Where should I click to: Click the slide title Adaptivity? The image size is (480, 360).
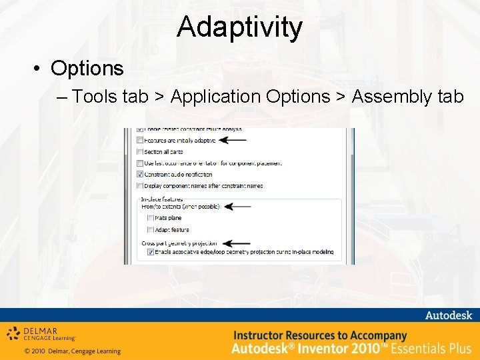click(240, 27)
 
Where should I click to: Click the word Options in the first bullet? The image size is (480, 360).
click(87, 68)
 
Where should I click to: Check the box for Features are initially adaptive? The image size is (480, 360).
click(140, 140)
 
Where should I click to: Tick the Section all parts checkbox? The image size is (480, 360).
click(140, 151)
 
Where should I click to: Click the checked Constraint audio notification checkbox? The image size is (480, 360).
click(140, 174)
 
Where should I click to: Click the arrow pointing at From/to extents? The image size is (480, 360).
click(237, 207)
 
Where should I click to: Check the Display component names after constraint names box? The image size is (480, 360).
click(140, 185)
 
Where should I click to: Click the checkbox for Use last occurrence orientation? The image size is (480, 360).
click(140, 163)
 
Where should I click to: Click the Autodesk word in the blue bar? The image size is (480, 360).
click(447, 315)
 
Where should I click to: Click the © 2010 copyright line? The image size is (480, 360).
click(73, 351)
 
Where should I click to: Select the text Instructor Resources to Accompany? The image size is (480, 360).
click(320, 335)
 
